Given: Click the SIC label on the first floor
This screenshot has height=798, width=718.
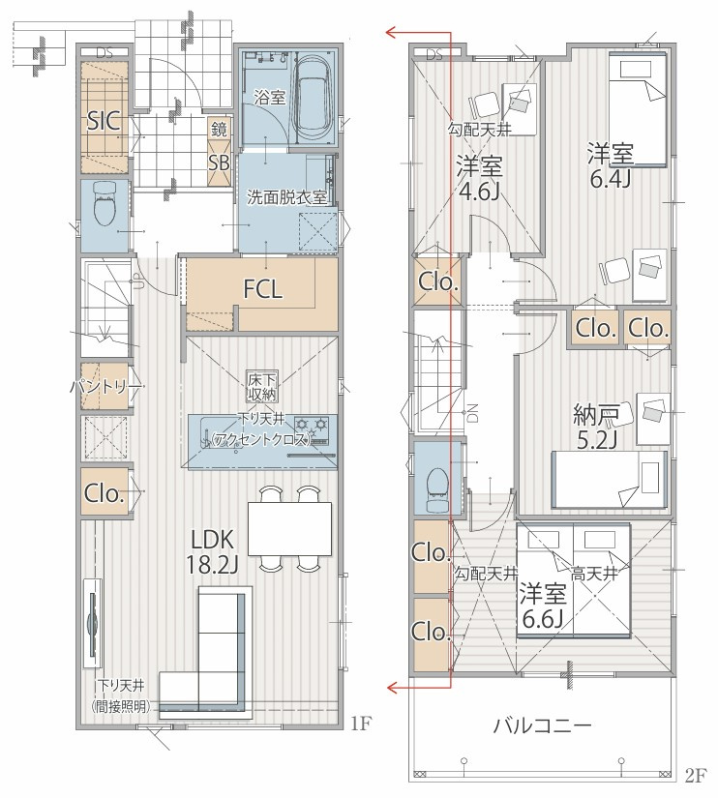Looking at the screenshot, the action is (x=104, y=121).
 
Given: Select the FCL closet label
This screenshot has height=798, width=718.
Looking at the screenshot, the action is (x=263, y=289).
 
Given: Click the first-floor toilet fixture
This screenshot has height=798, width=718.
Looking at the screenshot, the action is (x=105, y=203).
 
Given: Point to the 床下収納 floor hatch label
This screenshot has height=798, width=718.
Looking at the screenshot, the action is (x=262, y=387).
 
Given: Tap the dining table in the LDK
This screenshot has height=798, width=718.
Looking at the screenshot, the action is (x=289, y=529).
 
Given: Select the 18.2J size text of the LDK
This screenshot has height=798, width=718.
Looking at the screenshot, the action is (x=212, y=564).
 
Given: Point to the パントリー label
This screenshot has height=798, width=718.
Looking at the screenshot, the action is (x=105, y=388).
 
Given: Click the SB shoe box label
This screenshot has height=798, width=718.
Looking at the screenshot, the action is (x=219, y=163).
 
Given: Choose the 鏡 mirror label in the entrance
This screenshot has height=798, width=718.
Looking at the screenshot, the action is (x=219, y=130).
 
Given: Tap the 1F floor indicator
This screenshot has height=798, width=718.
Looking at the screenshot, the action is (x=361, y=723).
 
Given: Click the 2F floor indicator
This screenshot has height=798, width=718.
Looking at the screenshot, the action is (x=696, y=775).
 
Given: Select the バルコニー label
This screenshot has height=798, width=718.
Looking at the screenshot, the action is (x=542, y=725).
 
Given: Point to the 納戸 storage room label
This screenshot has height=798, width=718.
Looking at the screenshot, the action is (x=596, y=415).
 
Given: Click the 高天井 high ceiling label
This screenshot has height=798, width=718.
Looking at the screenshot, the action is (x=594, y=574).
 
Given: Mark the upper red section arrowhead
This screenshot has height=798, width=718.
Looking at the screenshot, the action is (x=391, y=33).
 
